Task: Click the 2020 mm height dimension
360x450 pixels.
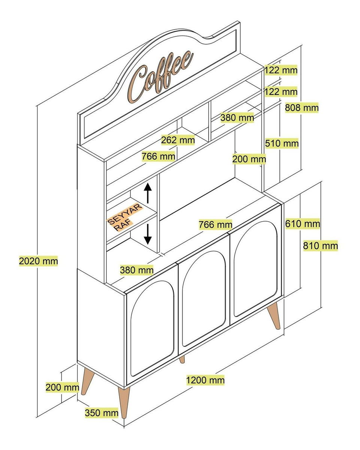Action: [39, 261]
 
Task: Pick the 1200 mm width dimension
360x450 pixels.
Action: [205, 380]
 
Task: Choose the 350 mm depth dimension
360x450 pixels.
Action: [102, 413]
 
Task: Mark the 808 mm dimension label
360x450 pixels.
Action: [302, 108]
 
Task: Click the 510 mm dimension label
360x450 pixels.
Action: [282, 143]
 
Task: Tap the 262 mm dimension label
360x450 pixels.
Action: [178, 140]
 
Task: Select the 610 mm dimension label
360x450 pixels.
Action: [303, 224]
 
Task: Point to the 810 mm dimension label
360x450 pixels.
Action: [320, 246]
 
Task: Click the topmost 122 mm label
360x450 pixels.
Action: [281, 70]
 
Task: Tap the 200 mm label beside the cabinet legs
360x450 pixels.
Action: [62, 387]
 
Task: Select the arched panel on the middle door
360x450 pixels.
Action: [204, 298]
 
